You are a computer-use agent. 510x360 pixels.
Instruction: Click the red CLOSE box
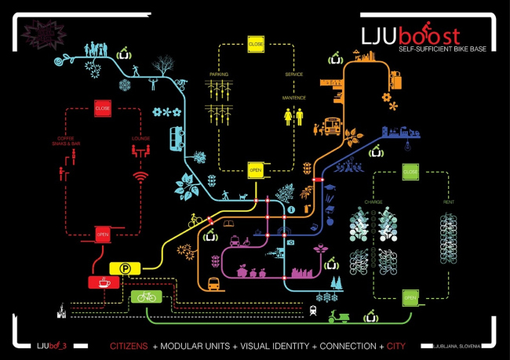pyautogui.click(x=103, y=108)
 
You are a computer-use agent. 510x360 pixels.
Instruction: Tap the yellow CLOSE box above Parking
pyautogui.click(x=256, y=44)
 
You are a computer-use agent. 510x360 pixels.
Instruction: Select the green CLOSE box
pyautogui.click(x=410, y=170)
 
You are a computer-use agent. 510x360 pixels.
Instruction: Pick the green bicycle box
pyautogui.click(x=145, y=296)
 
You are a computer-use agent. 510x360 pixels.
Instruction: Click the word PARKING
pyautogui.click(x=217, y=75)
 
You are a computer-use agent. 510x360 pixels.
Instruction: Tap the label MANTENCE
pyautogui.click(x=293, y=98)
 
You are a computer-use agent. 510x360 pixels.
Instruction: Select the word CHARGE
pyautogui.click(x=373, y=202)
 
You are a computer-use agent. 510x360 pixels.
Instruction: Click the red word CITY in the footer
pyautogui.click(x=397, y=345)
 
